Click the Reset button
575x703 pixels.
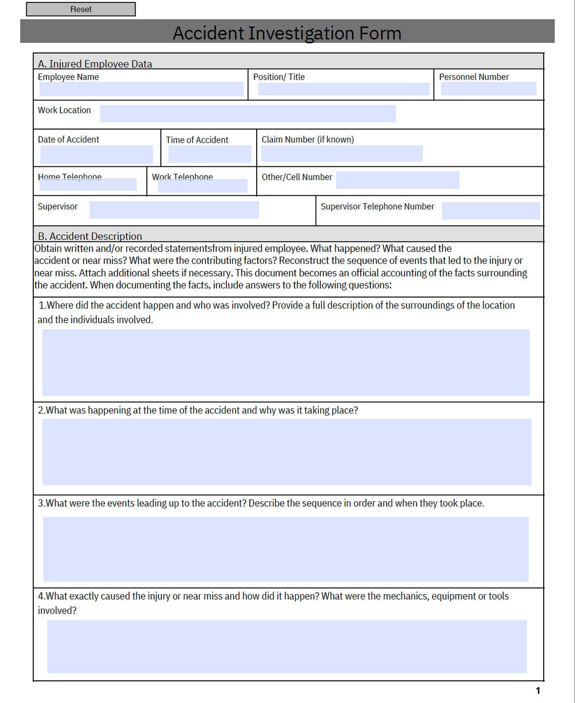81,9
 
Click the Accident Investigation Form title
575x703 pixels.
287,33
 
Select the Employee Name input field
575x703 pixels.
141,89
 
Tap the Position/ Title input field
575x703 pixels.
343,89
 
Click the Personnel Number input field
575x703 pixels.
488,89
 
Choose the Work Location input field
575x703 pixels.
248,113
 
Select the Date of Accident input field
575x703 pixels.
96,154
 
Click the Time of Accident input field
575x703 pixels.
209,154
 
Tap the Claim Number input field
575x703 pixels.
341,154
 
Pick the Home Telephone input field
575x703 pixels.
88,185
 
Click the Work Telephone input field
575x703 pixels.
202,186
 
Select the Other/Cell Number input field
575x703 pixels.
397,180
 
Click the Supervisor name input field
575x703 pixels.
174,210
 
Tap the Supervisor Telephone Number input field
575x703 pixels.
491,211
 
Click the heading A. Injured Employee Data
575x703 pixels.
95,64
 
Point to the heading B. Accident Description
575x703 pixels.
90,236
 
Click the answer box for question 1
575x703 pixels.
285,362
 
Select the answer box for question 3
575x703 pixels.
285,549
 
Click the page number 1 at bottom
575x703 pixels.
538,691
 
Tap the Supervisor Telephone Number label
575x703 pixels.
377,206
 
